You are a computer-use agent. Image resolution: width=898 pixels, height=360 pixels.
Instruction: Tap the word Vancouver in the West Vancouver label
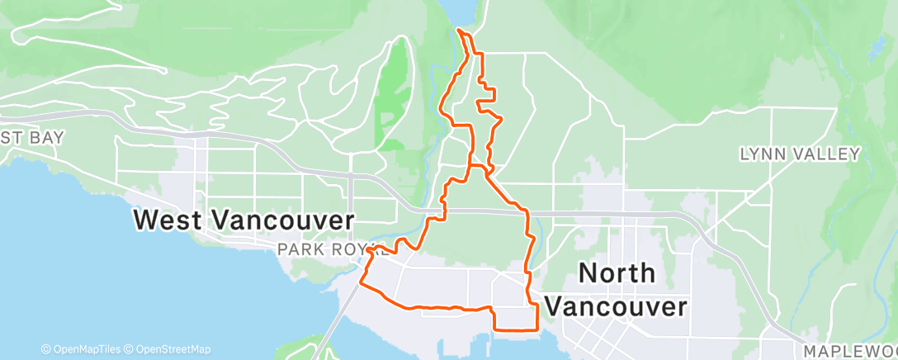tap(284, 220)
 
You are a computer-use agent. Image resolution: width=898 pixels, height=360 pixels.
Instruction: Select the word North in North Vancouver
tap(617, 272)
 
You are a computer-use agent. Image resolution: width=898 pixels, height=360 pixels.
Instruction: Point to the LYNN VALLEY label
tap(800, 154)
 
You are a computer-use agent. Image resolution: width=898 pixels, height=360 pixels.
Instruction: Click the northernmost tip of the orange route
tap(459, 31)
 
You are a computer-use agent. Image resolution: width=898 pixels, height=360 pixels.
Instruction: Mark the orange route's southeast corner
tap(537, 329)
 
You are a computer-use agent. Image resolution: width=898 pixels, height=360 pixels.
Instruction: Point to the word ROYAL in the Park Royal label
tap(345, 249)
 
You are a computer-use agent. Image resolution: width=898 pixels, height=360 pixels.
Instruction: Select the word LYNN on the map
tap(759, 154)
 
